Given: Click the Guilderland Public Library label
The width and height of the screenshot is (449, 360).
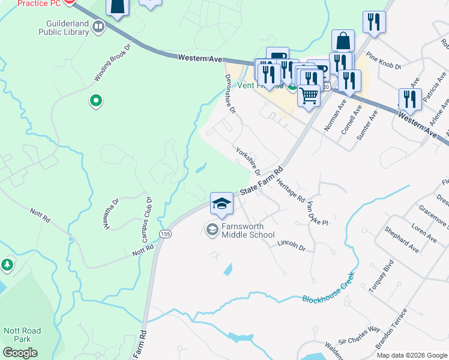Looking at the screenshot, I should tap(63, 28).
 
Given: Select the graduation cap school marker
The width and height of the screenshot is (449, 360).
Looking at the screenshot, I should tap(221, 204).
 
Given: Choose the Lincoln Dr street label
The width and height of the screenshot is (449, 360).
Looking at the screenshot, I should tap(292, 245).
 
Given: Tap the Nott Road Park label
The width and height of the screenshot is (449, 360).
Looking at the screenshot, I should tap(22, 335).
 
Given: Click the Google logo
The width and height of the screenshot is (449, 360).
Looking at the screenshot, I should tap(20, 353).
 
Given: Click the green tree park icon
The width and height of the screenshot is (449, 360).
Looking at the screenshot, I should tap(7, 264).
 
